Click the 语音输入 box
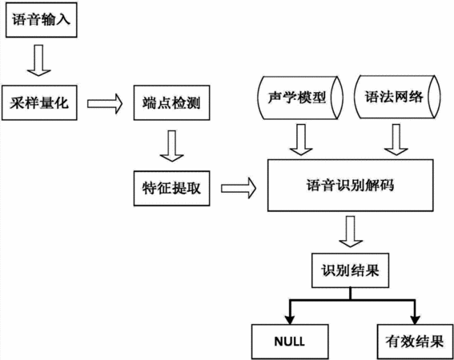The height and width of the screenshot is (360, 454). click(x=42, y=20)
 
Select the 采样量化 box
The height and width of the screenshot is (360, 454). click(x=39, y=102)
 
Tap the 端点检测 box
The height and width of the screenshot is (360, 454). click(x=171, y=102)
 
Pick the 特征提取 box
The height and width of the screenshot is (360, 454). click(x=171, y=188)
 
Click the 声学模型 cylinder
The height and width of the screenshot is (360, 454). click(x=300, y=98)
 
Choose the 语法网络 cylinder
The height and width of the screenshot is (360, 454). click(x=397, y=97)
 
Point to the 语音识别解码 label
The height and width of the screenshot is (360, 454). click(x=351, y=186)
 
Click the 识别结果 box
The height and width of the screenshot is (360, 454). click(x=350, y=270)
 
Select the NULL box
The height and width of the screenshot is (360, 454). click(x=290, y=342)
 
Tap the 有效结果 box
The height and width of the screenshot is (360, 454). click(x=416, y=342)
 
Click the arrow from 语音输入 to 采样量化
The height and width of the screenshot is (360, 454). click(x=38, y=60)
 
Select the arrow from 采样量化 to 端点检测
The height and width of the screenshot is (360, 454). click(x=105, y=104)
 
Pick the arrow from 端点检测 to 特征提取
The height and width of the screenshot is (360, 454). click(x=171, y=146)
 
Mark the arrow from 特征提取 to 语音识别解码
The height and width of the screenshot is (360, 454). click(x=239, y=189)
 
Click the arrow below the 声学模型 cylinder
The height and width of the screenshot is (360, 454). click(x=301, y=139)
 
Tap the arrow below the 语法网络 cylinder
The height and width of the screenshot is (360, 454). click(x=396, y=139)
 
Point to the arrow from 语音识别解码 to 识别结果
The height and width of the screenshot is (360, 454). click(x=351, y=231)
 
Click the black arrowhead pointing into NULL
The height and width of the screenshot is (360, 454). click(x=290, y=319)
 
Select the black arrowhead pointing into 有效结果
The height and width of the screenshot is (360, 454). click(x=416, y=319)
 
